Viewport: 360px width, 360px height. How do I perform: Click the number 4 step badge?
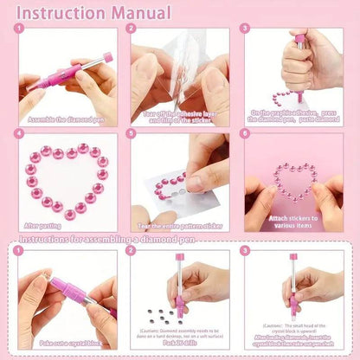pos(19,134)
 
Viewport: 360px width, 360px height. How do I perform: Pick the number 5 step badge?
pos(132,134)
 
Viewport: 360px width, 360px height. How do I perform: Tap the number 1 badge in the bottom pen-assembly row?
pos(19,251)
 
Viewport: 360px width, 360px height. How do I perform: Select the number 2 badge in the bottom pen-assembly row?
pos(132,251)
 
